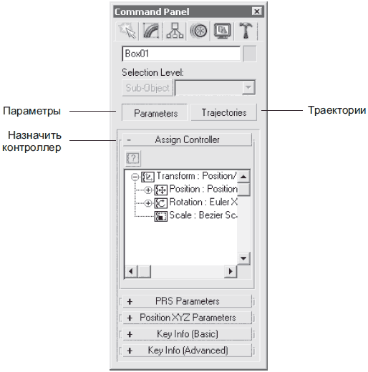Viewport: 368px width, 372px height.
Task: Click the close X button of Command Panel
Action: pyautogui.click(x=257, y=11)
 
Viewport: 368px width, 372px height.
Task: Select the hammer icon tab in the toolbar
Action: pyautogui.click(x=246, y=31)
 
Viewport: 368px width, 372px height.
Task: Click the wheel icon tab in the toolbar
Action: pyautogui.click(x=198, y=31)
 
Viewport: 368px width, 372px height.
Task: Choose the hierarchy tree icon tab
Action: pyautogui.click(x=175, y=31)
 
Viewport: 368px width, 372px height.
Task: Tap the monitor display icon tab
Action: pyautogui.click(x=222, y=31)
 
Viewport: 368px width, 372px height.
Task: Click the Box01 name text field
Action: pyautogui.click(x=181, y=54)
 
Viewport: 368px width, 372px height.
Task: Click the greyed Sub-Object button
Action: pyautogui.click(x=147, y=88)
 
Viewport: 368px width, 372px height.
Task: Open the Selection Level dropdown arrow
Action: pyautogui.click(x=248, y=87)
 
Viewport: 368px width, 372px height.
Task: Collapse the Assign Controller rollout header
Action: pyautogui.click(x=188, y=139)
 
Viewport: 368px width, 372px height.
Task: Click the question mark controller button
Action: pyautogui.click(x=133, y=158)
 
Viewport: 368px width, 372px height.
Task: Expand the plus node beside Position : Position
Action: pyautogui.click(x=148, y=190)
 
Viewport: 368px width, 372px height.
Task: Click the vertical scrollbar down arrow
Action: pyautogui.click(x=243, y=258)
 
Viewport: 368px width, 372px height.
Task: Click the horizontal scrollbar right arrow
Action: pyautogui.click(x=231, y=271)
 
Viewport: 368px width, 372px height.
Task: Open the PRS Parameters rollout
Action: pyautogui.click(x=188, y=301)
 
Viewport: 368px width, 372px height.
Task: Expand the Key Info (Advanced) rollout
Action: pyautogui.click(x=188, y=351)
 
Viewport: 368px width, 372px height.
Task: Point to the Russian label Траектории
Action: pyautogui.click(x=336, y=110)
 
